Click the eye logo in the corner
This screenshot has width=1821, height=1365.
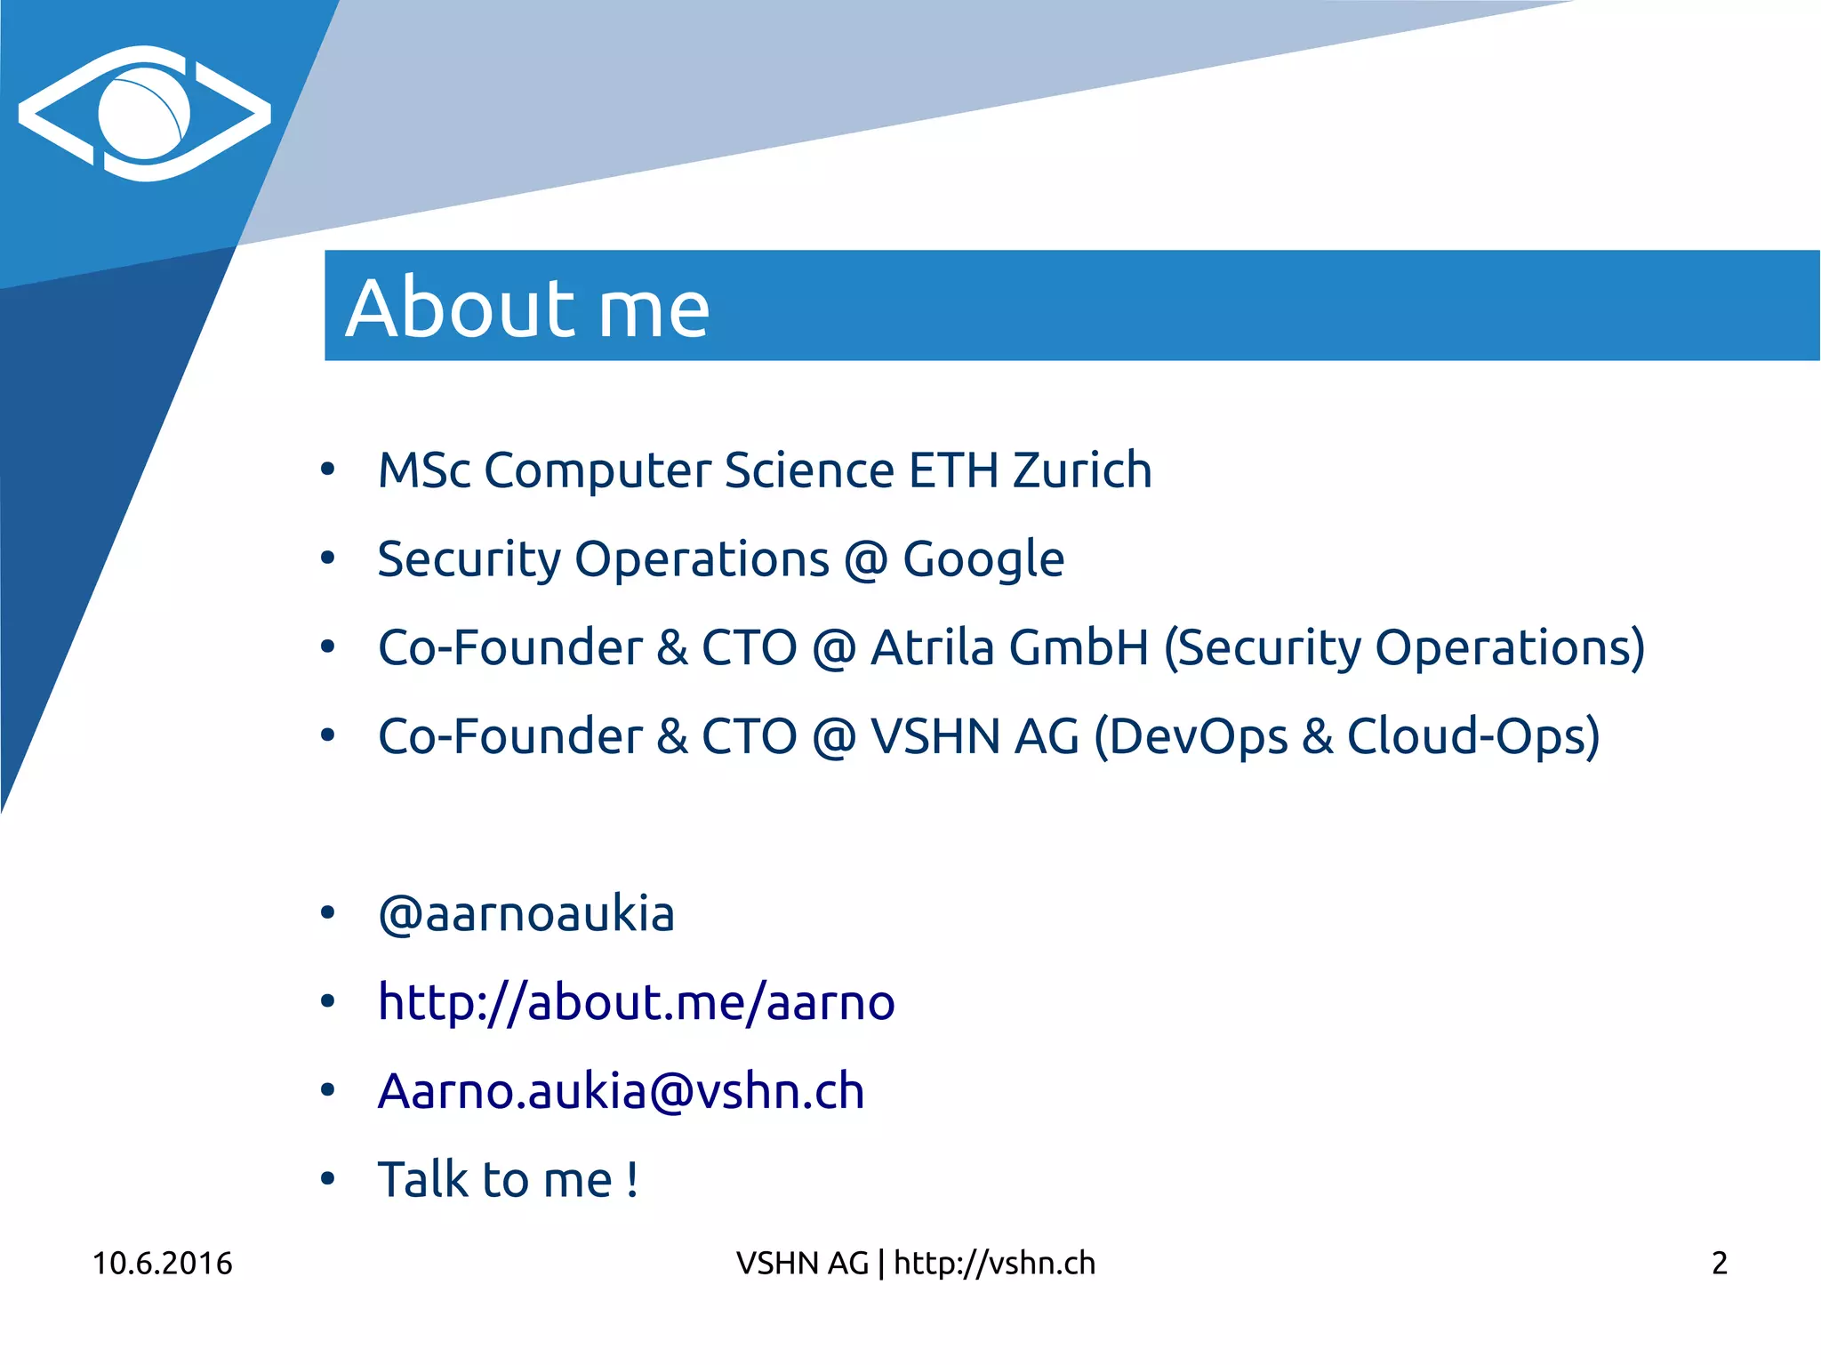click(144, 114)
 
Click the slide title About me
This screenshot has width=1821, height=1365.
click(527, 308)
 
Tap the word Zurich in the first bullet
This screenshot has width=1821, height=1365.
click(1082, 470)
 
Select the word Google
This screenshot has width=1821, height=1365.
click(983, 560)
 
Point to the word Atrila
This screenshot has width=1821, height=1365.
click(932, 647)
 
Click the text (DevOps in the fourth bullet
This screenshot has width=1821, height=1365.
click(1191, 737)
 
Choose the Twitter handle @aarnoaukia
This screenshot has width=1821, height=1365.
click(526, 914)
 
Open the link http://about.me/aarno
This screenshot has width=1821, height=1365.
click(636, 1003)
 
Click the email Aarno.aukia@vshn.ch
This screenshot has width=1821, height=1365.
click(621, 1091)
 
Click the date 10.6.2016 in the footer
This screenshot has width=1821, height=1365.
click(162, 1263)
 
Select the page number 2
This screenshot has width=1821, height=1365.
click(1719, 1263)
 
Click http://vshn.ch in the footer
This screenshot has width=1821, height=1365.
click(994, 1263)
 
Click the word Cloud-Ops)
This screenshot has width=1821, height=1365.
click(1473, 737)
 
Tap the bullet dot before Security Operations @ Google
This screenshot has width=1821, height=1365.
click(328, 558)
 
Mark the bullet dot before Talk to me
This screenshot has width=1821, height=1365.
click(328, 1179)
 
